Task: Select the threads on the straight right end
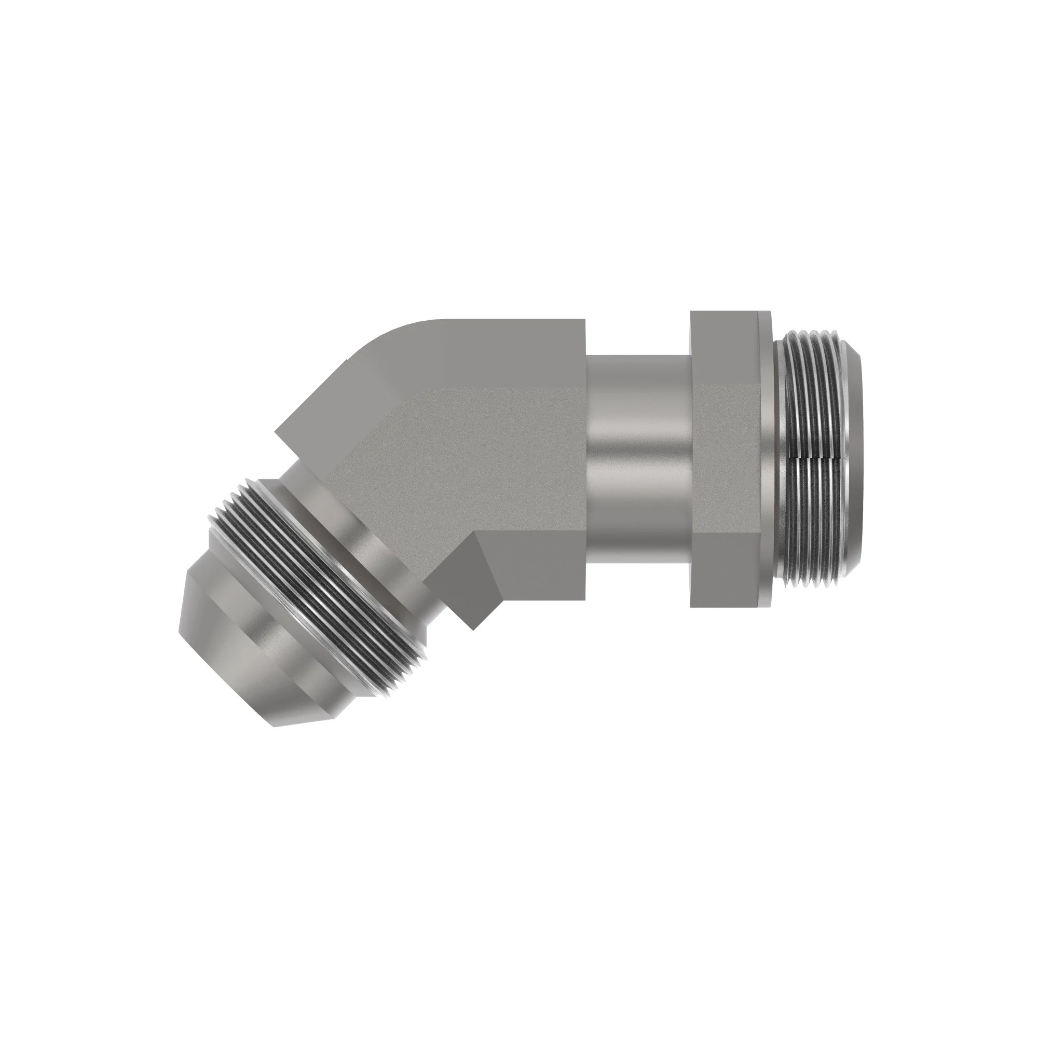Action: [811, 408]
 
